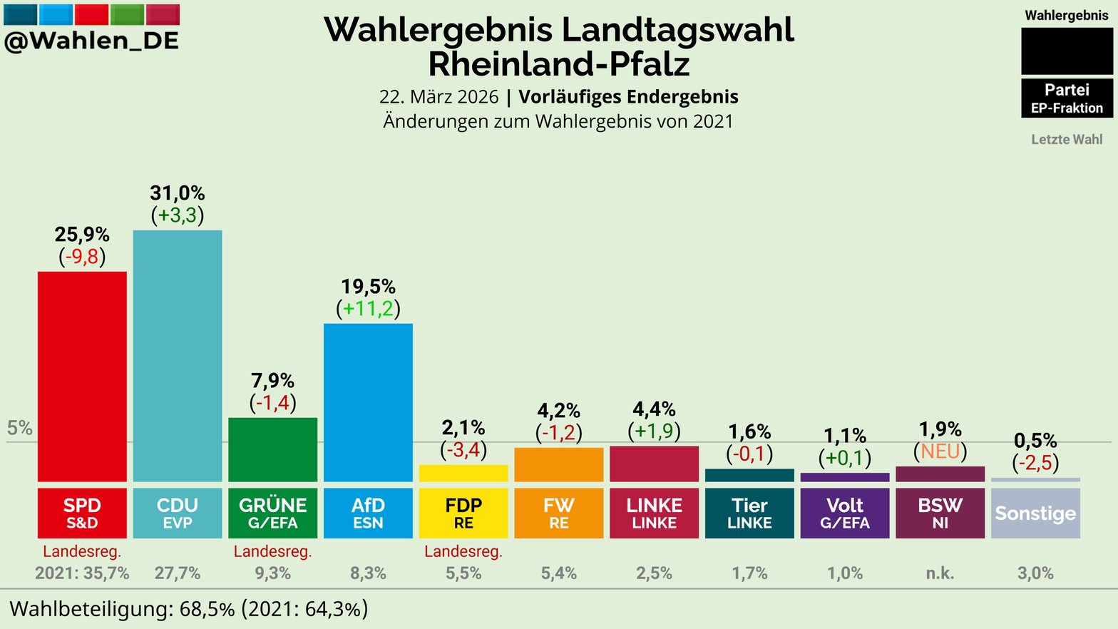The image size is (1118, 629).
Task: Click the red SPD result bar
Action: tap(82, 376)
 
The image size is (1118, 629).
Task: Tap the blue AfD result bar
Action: tap(368, 402)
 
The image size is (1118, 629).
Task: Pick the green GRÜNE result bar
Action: tap(272, 449)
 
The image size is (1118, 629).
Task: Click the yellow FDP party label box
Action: tap(463, 513)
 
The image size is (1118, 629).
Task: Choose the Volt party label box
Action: tap(845, 513)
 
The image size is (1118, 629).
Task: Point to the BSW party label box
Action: tap(940, 513)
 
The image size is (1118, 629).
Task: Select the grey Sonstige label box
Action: tap(1035, 513)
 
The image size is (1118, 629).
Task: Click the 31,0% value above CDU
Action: tap(178, 193)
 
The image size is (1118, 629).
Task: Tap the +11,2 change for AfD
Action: tap(368, 309)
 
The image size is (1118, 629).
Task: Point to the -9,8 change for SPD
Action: tap(82, 257)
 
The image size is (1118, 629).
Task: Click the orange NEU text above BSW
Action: tap(940, 451)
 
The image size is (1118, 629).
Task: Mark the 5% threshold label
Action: tap(20, 428)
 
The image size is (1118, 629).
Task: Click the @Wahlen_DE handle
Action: tap(91, 41)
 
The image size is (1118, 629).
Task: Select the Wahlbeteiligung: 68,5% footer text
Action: tap(121, 609)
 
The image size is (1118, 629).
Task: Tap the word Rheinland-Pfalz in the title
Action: tap(559, 64)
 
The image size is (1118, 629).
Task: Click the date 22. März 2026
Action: tap(439, 97)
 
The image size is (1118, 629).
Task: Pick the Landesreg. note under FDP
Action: tap(463, 551)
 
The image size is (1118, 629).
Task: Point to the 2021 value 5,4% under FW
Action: tap(559, 573)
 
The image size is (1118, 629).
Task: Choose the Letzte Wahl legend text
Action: tap(1067, 140)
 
